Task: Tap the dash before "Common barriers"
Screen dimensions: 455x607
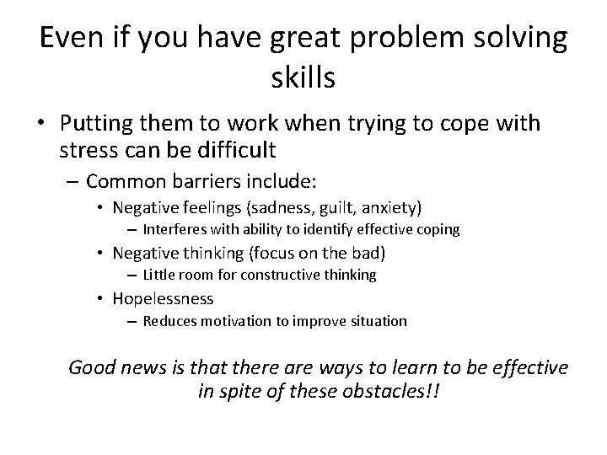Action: pyautogui.click(x=74, y=180)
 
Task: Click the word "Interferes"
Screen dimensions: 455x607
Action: pyautogui.click(x=173, y=229)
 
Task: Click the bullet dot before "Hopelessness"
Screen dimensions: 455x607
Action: pyautogui.click(x=99, y=299)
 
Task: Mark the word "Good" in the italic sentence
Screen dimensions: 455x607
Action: pyautogui.click(x=91, y=367)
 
